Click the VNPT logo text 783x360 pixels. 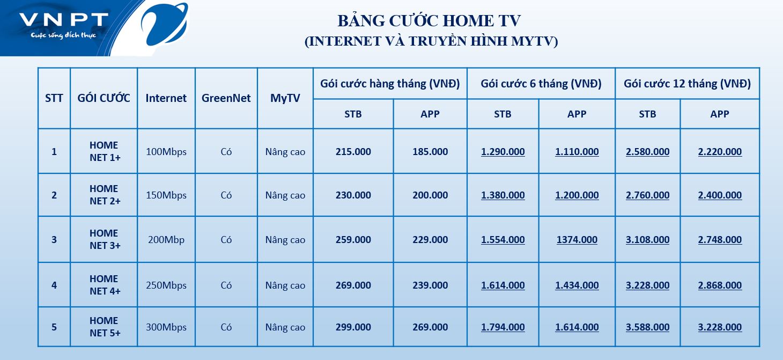(64, 20)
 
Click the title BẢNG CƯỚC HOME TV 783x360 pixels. (429, 20)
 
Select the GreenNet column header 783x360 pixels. (226, 98)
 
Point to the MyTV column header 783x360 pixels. (285, 98)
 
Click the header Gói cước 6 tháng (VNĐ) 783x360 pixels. (541, 84)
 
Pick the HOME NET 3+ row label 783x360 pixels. (105, 239)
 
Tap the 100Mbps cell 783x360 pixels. (166, 152)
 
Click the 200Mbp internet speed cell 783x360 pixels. (166, 240)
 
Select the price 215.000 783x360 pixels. (353, 151)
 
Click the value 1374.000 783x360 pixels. (577, 240)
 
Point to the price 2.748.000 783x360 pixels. (720, 240)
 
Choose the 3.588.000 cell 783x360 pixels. (647, 327)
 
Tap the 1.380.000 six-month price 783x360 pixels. (503, 195)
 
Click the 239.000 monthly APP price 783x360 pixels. (430, 285)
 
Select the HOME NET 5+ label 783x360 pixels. (105, 327)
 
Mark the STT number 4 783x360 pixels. (54, 285)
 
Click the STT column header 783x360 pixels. (54, 98)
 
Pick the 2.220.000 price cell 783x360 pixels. (720, 152)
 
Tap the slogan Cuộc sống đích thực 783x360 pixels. (63, 35)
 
